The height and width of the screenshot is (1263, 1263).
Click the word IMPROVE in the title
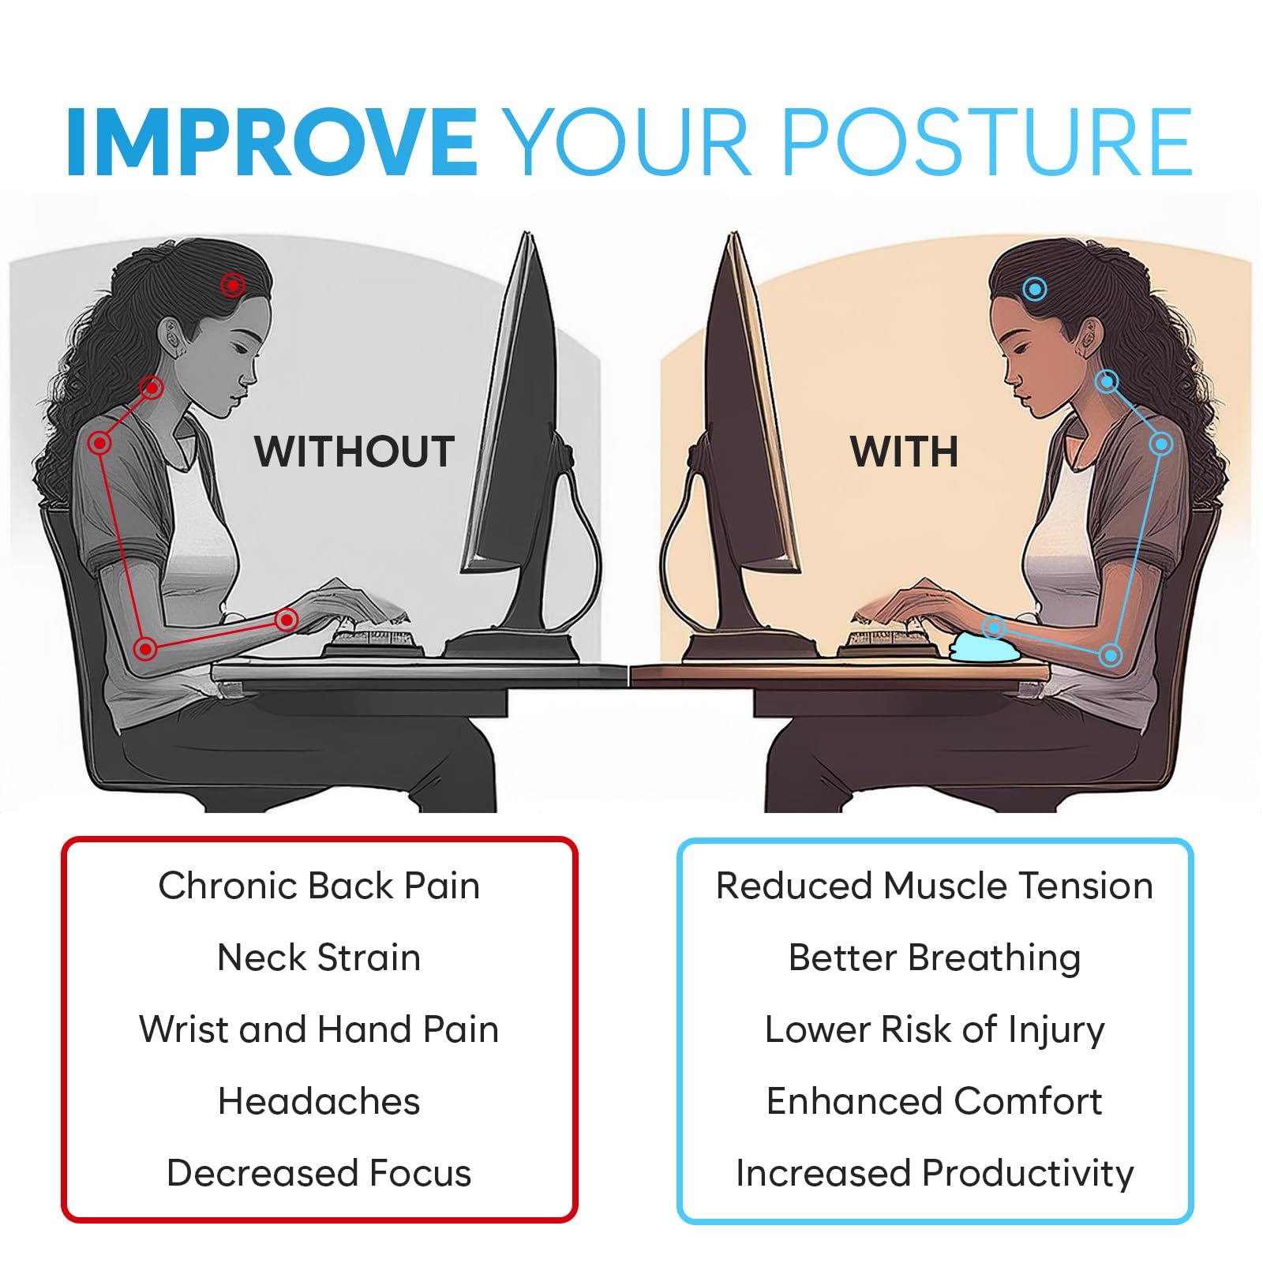pyautogui.click(x=272, y=142)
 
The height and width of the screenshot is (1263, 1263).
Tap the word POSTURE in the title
pyautogui.click(x=987, y=142)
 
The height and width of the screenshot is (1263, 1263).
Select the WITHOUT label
pyautogui.click(x=354, y=452)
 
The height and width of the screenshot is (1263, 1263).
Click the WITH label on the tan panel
pyautogui.click(x=905, y=452)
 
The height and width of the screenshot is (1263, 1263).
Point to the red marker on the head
pyautogui.click(x=232, y=285)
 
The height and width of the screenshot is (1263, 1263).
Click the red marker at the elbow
pyautogui.click(x=144, y=650)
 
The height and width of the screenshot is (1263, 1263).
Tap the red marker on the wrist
pyautogui.click(x=287, y=620)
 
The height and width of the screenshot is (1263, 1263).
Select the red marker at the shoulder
pyautogui.click(x=99, y=443)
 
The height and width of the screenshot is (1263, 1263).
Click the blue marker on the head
pyautogui.click(x=1034, y=289)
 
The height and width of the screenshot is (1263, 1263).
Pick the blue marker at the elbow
pyautogui.click(x=1111, y=655)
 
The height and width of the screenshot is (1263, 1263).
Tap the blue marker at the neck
pyautogui.click(x=1107, y=382)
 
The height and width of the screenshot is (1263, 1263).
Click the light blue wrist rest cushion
pyautogui.click(x=984, y=643)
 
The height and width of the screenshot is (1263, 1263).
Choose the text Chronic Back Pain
pyautogui.click(x=319, y=886)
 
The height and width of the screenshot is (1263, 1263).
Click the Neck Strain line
pyautogui.click(x=319, y=958)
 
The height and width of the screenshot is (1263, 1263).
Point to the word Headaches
pyautogui.click(x=319, y=1101)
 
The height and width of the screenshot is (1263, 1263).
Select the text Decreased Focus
pyautogui.click(x=319, y=1173)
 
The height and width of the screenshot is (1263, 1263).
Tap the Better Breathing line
pyautogui.click(x=935, y=958)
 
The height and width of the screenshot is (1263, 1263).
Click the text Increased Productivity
pyautogui.click(x=935, y=1174)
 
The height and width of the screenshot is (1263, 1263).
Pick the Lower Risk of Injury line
pyautogui.click(x=935, y=1030)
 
